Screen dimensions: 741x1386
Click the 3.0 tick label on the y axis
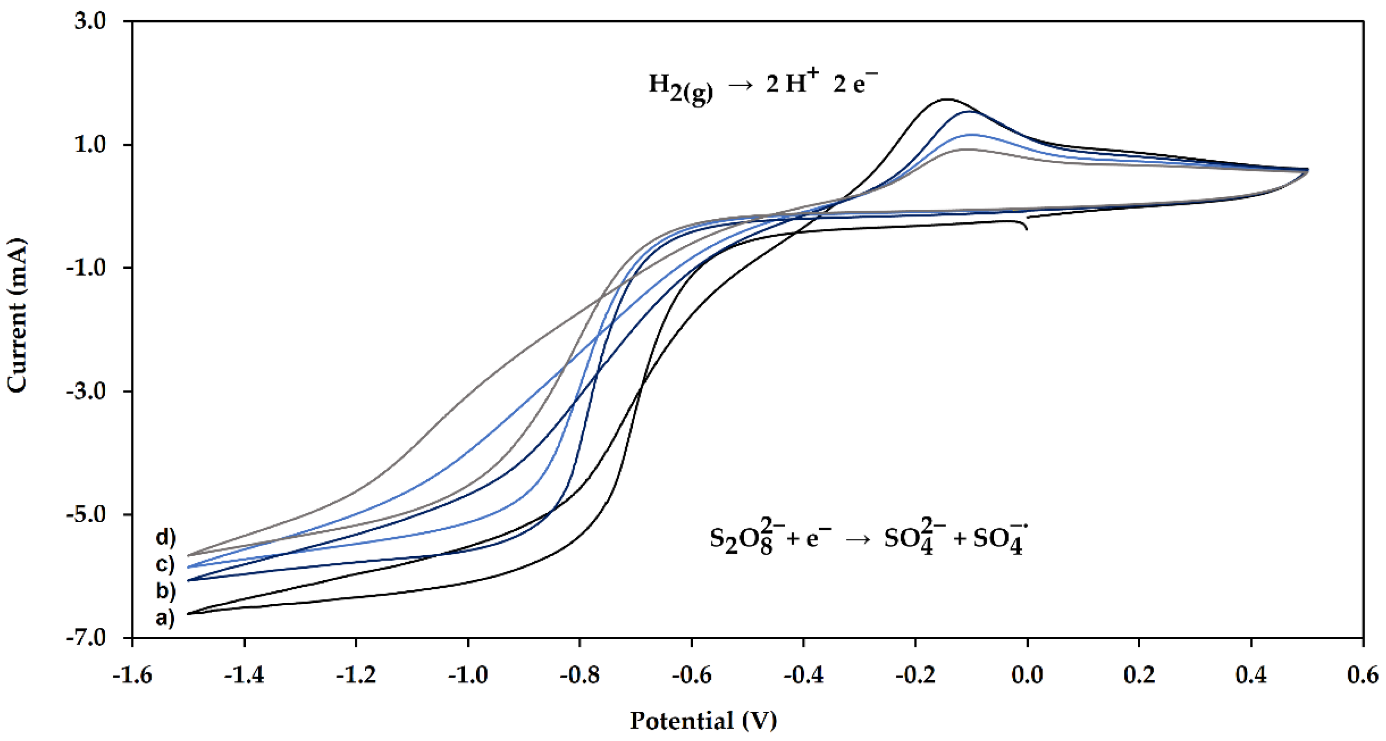(x=90, y=22)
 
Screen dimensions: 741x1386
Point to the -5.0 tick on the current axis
(x=86, y=514)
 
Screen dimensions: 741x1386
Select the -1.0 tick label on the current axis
(x=86, y=268)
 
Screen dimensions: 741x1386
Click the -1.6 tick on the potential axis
(x=133, y=675)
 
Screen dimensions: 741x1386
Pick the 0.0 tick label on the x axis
(x=1027, y=675)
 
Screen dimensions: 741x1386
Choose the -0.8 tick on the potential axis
(x=580, y=675)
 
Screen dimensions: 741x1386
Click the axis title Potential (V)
(x=703, y=720)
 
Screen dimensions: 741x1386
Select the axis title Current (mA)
(x=17, y=316)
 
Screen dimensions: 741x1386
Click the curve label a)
(x=165, y=619)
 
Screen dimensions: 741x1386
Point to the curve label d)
(x=165, y=537)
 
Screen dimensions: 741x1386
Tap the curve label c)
(x=165, y=564)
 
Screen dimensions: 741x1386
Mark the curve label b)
(x=165, y=591)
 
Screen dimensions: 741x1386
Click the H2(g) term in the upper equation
(x=680, y=87)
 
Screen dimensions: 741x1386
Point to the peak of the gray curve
(x=966, y=149)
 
